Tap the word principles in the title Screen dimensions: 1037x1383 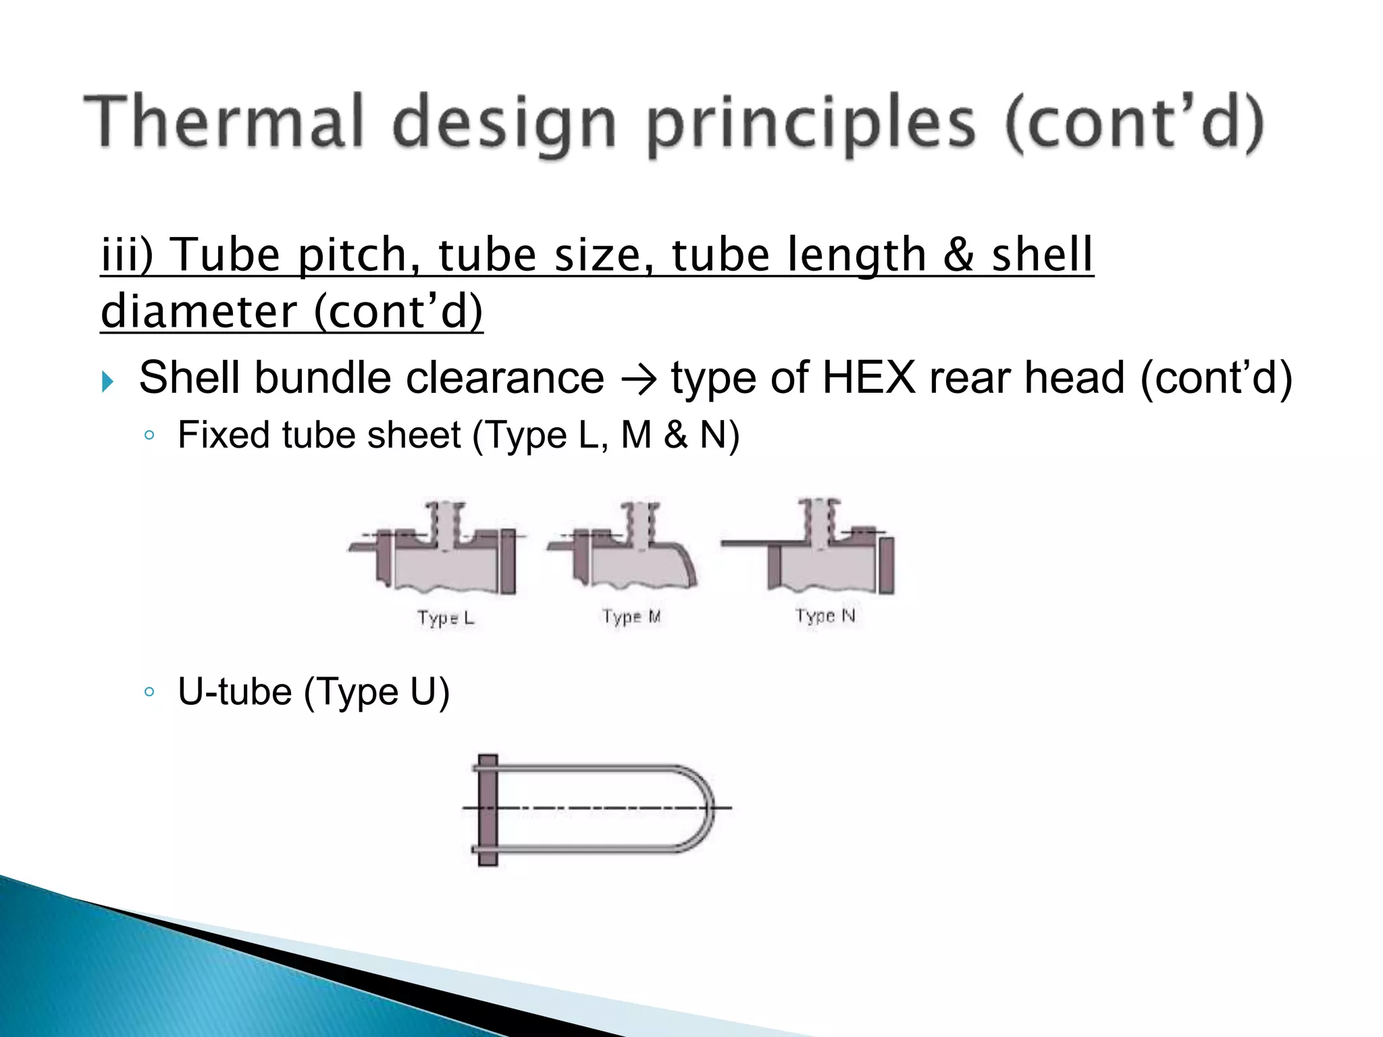tap(811, 125)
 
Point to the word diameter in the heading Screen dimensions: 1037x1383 tap(199, 312)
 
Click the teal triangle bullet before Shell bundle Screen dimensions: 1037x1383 tap(108, 381)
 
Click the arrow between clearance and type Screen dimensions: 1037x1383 tap(637, 380)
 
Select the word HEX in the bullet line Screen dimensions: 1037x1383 tap(868, 377)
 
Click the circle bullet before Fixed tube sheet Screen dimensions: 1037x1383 tap(150, 435)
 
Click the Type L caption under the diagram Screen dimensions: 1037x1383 tap(446, 617)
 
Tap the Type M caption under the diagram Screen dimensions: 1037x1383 tap(631, 616)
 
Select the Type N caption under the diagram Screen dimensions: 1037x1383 tap(825, 615)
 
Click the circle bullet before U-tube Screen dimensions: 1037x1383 tap(150, 692)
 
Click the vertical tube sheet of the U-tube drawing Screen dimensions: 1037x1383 tap(488, 809)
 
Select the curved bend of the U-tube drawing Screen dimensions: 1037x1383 tap(703, 807)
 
